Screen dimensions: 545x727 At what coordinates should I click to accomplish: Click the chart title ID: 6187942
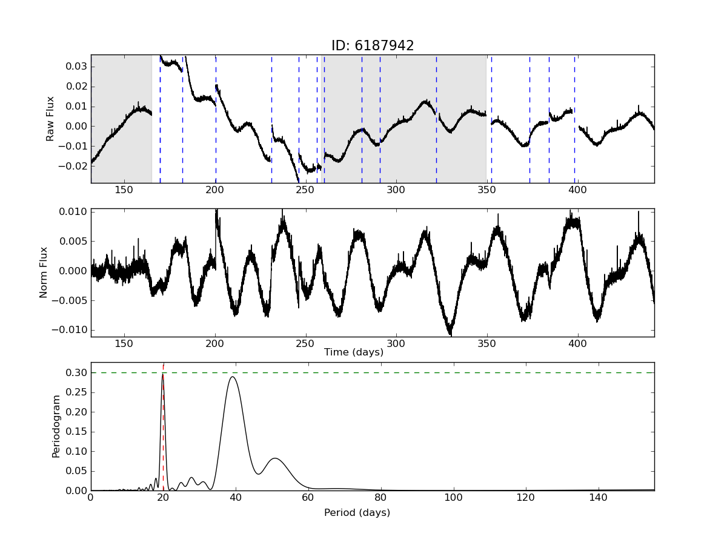[x=372, y=46]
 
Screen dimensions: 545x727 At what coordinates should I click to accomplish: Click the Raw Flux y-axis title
[x=50, y=119]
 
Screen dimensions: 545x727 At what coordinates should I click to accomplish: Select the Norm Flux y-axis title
[x=44, y=272]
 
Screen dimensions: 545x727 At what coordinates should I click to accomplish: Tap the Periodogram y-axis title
[x=56, y=426]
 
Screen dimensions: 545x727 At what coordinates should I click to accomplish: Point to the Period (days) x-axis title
[x=357, y=513]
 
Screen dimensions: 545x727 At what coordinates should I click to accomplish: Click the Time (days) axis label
[x=353, y=352]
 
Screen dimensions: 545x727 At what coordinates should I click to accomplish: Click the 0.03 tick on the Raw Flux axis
[x=76, y=66]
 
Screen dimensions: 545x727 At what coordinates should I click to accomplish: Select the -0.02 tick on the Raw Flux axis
[x=74, y=166]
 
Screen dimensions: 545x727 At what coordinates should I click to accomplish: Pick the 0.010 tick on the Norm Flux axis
[x=74, y=211]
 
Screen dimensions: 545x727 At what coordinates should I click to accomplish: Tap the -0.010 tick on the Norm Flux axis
[x=71, y=330]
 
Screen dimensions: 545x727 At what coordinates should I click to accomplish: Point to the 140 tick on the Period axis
[x=599, y=498]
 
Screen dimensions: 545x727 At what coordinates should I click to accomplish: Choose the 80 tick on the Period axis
[x=380, y=498]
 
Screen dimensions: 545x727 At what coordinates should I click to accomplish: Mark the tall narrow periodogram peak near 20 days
[x=162, y=375]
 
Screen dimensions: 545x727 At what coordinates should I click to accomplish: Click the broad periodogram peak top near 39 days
[x=232, y=377]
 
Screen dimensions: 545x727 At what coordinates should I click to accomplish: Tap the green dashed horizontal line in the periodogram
[x=424, y=372]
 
